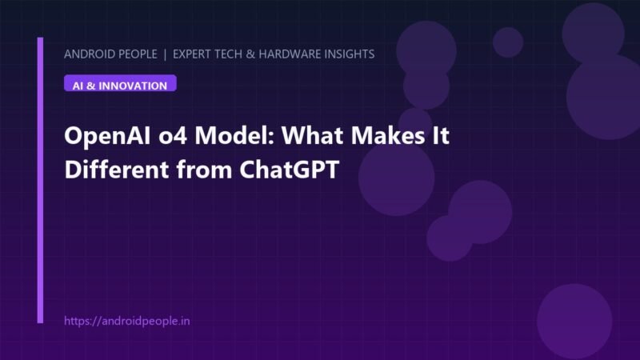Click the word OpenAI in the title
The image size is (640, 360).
click(108, 136)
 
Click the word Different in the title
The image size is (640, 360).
click(116, 170)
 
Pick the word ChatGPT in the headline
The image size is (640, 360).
click(290, 170)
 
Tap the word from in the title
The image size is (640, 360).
click(204, 170)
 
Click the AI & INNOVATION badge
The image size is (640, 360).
click(120, 83)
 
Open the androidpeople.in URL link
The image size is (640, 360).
click(127, 322)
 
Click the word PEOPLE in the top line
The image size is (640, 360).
click(136, 54)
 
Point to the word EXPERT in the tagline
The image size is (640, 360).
click(193, 54)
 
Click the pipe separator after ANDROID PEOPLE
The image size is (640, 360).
click(165, 54)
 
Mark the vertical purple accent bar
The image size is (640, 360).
click(40, 180)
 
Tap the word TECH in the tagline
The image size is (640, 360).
click(230, 54)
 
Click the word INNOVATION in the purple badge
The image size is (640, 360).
click(133, 86)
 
